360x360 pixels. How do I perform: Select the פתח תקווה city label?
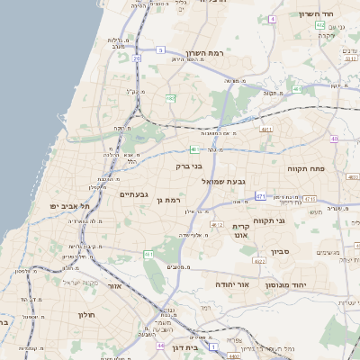click(x=307, y=168)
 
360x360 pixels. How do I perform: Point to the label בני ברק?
click(x=188, y=166)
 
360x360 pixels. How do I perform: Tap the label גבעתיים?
click(x=133, y=194)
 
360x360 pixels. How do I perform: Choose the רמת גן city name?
click(x=168, y=200)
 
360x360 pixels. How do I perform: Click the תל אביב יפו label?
click(x=66, y=206)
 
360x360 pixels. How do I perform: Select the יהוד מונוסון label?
click(x=284, y=283)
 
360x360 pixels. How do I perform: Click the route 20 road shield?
click(x=137, y=58)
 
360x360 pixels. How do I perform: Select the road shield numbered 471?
click(x=260, y=195)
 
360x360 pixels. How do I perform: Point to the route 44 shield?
click(x=159, y=345)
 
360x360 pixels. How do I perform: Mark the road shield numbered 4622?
click(x=258, y=261)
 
